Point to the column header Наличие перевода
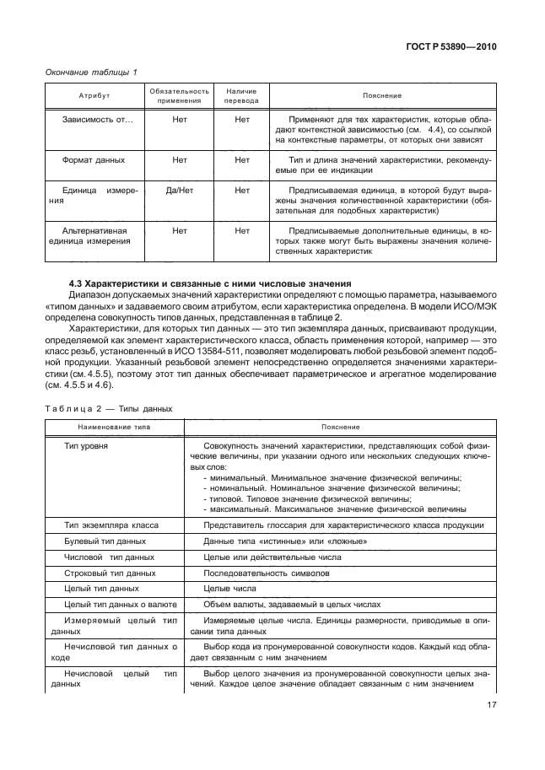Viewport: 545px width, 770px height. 242,95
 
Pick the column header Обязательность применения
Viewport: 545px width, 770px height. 179,95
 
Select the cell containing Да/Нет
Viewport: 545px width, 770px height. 179,191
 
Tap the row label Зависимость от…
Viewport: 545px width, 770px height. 97,121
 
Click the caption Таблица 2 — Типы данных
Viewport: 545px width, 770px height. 109,408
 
